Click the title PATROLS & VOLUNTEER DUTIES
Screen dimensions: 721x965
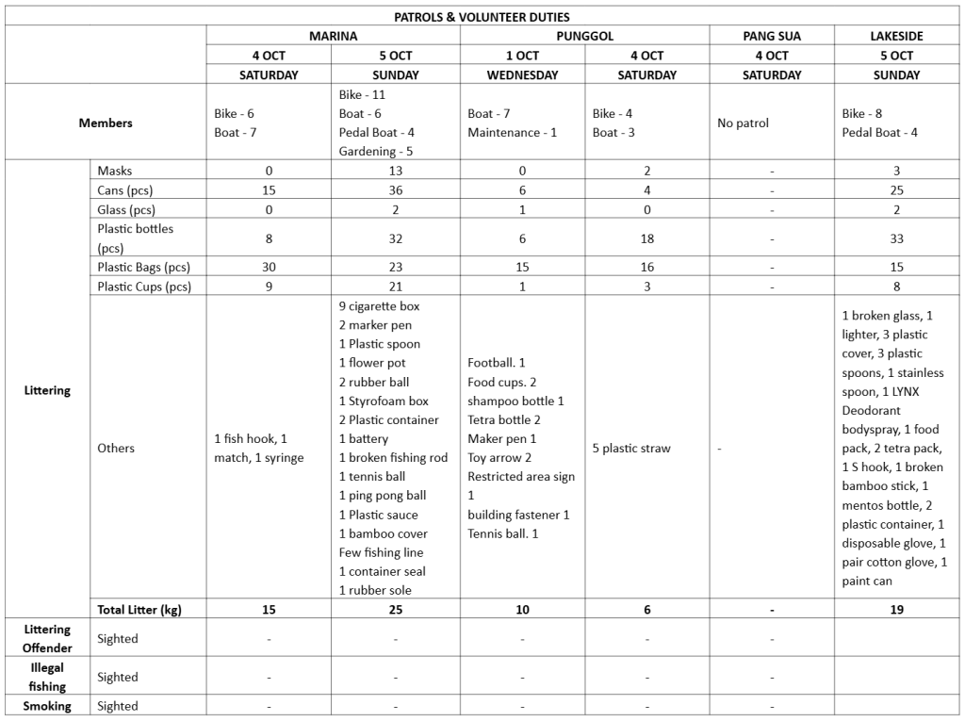click(482, 17)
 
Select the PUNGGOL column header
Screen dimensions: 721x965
click(584, 36)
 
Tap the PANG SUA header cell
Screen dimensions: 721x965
click(771, 36)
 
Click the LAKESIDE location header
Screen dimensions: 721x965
click(896, 36)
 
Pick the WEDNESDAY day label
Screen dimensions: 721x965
click(522, 74)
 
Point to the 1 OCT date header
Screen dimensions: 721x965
click(522, 56)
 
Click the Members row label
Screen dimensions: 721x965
click(106, 123)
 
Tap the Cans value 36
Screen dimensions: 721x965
click(395, 190)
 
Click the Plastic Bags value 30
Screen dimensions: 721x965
click(269, 267)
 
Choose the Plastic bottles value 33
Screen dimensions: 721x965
click(896, 238)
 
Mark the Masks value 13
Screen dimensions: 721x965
click(395, 171)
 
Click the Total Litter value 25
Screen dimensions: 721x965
click(395, 610)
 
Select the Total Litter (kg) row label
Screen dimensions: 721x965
click(139, 610)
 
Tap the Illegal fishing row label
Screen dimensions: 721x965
click(47, 677)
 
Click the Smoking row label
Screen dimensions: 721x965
click(47, 706)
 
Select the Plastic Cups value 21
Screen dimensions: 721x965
click(395, 287)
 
